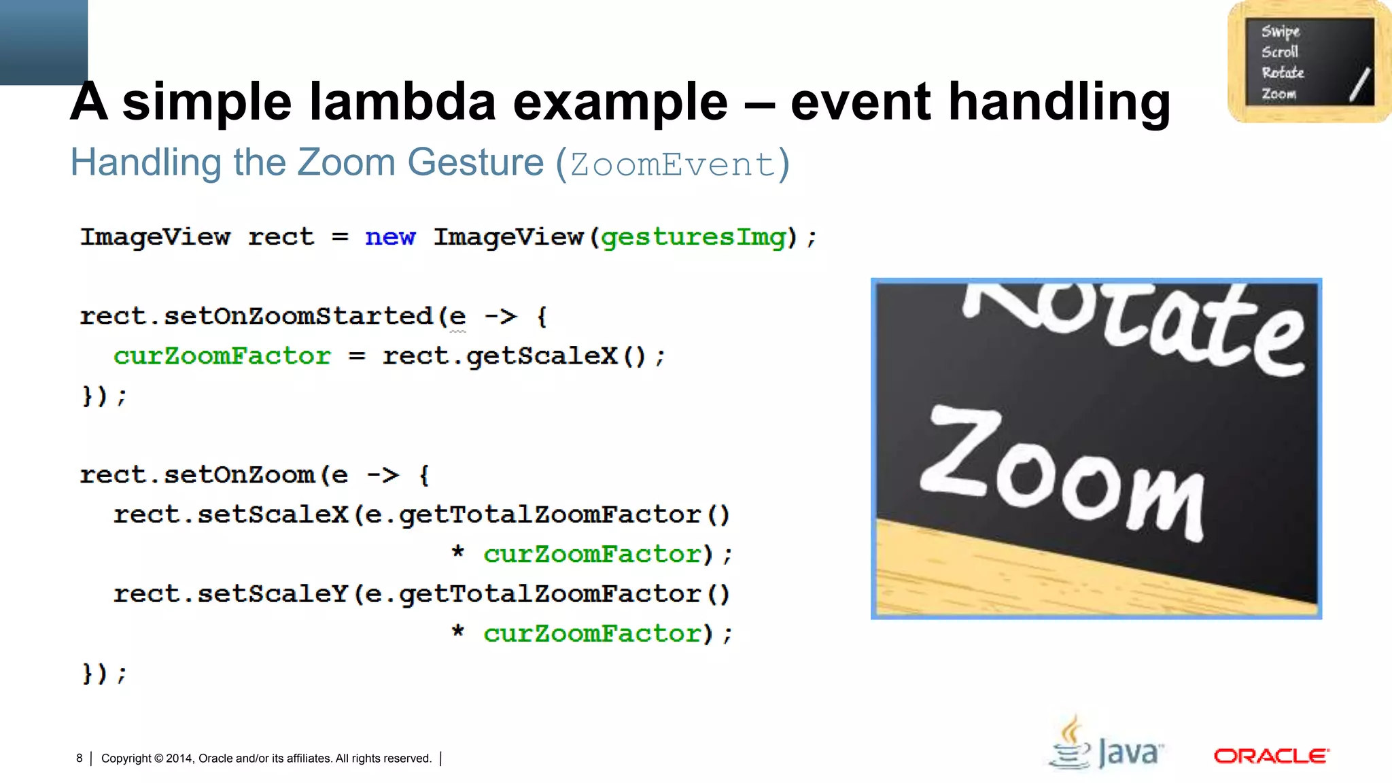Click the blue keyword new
[x=389, y=237]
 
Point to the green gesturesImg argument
[x=693, y=237]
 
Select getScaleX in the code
[x=542, y=355]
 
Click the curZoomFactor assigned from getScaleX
[x=222, y=355]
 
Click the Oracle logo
[x=1271, y=756]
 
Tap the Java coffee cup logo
[x=1072, y=744]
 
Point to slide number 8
[x=80, y=758]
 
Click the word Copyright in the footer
[x=126, y=759]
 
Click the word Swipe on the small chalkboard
[x=1281, y=31]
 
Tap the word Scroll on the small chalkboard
[x=1280, y=52]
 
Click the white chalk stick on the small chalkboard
[x=1359, y=84]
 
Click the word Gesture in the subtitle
[x=476, y=163]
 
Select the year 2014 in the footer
[x=179, y=759]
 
